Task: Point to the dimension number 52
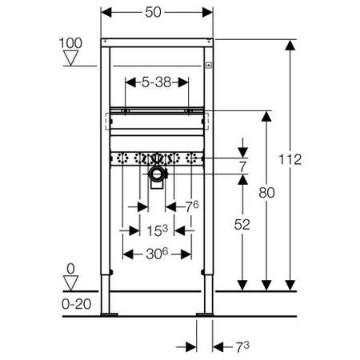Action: click(242, 226)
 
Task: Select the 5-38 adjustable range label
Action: click(157, 82)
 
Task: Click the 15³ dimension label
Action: click(157, 230)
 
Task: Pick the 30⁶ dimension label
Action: click(157, 254)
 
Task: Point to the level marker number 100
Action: click(71, 41)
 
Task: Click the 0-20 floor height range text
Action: click(71, 305)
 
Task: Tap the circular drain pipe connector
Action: click(157, 174)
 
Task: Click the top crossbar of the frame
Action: click(157, 40)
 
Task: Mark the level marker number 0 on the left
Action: click(71, 270)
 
